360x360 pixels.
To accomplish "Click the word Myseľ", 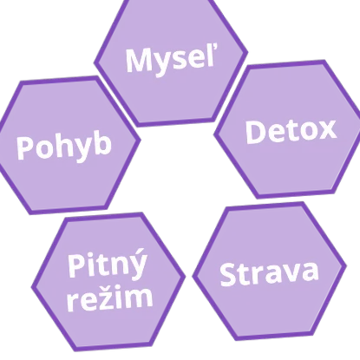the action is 171,61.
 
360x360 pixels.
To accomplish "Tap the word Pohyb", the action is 64,147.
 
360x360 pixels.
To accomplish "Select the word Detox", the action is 291,131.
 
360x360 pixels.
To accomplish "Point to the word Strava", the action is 269,273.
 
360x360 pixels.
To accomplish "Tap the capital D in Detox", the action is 256,133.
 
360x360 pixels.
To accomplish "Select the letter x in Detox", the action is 326,129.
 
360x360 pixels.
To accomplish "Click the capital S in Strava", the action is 228,275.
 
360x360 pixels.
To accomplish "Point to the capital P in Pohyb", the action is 25,147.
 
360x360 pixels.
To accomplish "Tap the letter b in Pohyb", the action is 102,143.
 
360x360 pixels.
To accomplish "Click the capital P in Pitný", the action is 77,265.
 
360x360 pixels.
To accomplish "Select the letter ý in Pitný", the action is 137,264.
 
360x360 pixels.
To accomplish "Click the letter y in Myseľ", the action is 162,64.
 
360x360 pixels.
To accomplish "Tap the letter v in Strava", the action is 288,272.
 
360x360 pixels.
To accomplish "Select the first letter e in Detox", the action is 278,134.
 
